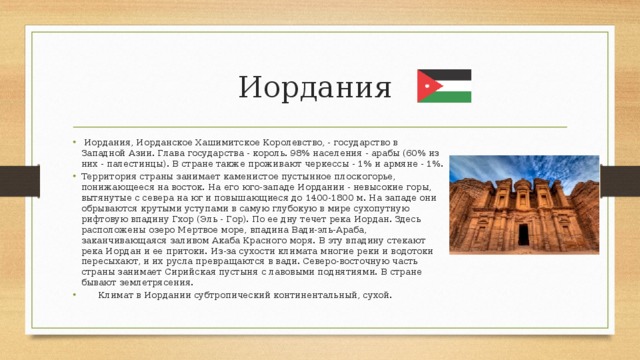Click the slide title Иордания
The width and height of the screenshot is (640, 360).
[315, 87]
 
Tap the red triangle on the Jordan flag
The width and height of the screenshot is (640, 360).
[425, 86]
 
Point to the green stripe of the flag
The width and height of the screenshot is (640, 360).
[450, 97]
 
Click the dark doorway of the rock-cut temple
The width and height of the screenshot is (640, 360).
[523, 235]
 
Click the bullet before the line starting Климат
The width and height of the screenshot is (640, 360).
[73, 296]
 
